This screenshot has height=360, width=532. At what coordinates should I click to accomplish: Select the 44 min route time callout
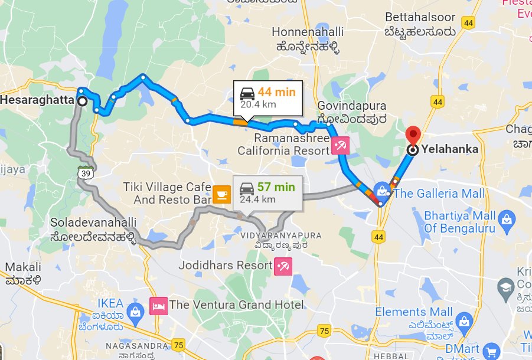[267, 97]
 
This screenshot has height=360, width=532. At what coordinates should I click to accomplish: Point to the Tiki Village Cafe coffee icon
[221, 193]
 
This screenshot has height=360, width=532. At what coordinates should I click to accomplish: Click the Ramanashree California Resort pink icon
[340, 145]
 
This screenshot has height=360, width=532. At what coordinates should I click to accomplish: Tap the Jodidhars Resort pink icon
[282, 266]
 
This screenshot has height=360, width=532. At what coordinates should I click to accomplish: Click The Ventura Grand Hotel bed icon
[158, 306]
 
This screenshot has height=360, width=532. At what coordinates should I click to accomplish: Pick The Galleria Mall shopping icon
[383, 191]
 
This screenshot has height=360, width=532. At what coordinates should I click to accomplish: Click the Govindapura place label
[352, 106]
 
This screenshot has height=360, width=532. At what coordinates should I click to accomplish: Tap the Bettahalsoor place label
[420, 17]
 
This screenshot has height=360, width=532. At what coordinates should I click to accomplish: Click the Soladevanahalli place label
[94, 224]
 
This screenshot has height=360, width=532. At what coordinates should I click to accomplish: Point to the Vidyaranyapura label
[281, 235]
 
